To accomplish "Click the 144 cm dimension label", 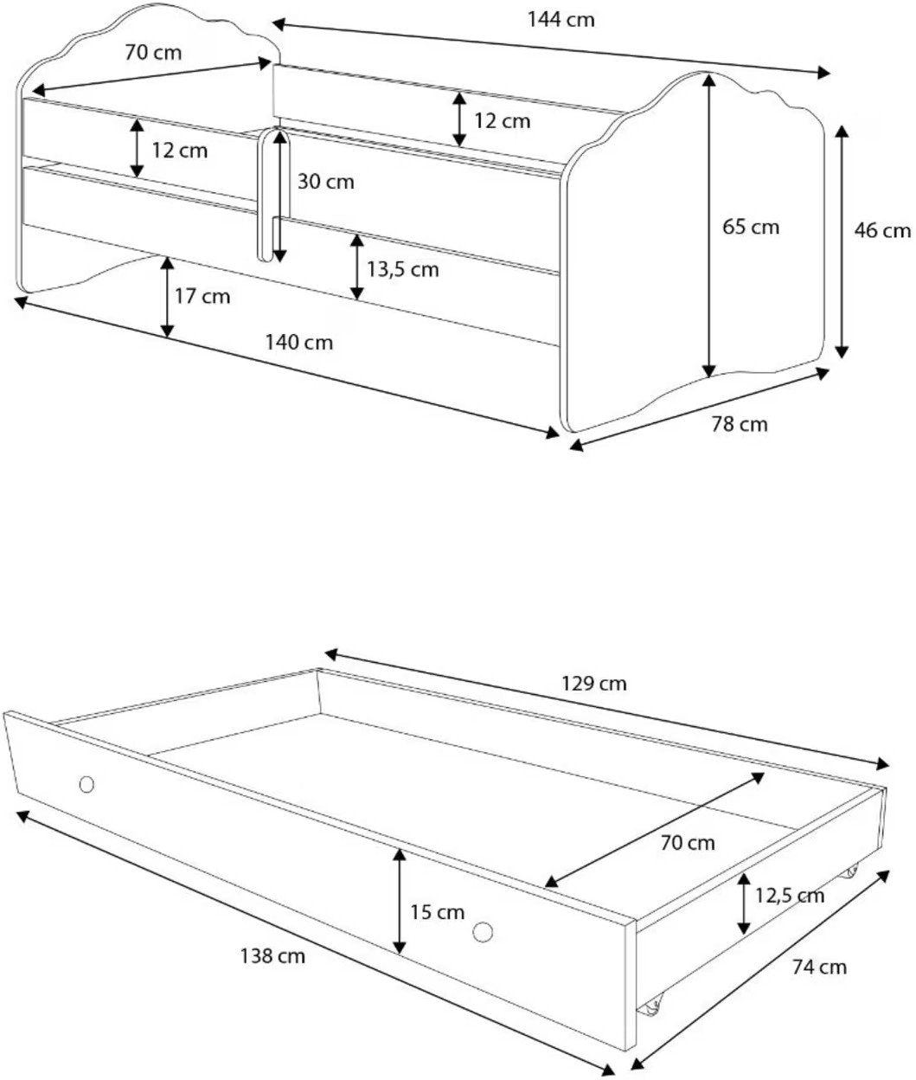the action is [560, 20].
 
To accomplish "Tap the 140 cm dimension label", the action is [298, 343].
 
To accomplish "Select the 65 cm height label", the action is [751, 228].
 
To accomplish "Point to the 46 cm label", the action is [882, 230].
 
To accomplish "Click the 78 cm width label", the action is [740, 424].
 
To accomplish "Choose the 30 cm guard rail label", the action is [326, 182].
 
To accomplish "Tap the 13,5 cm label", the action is [403, 270].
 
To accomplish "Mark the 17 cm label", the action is [202, 297].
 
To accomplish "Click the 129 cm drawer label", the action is [593, 684].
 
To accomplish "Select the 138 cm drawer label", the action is [272, 956].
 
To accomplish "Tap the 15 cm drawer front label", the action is [437, 912].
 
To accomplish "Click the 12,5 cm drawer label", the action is [790, 896].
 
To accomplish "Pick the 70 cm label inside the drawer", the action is [688, 843].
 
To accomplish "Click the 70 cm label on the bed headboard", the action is [153, 53].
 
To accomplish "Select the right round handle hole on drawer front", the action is [483, 932].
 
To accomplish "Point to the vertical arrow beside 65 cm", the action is [708, 225].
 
